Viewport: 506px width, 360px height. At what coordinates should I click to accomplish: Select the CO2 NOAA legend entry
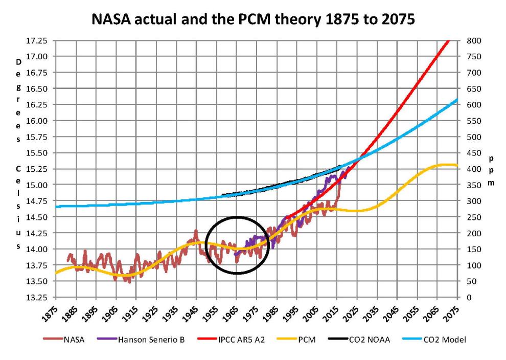click(366, 339)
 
